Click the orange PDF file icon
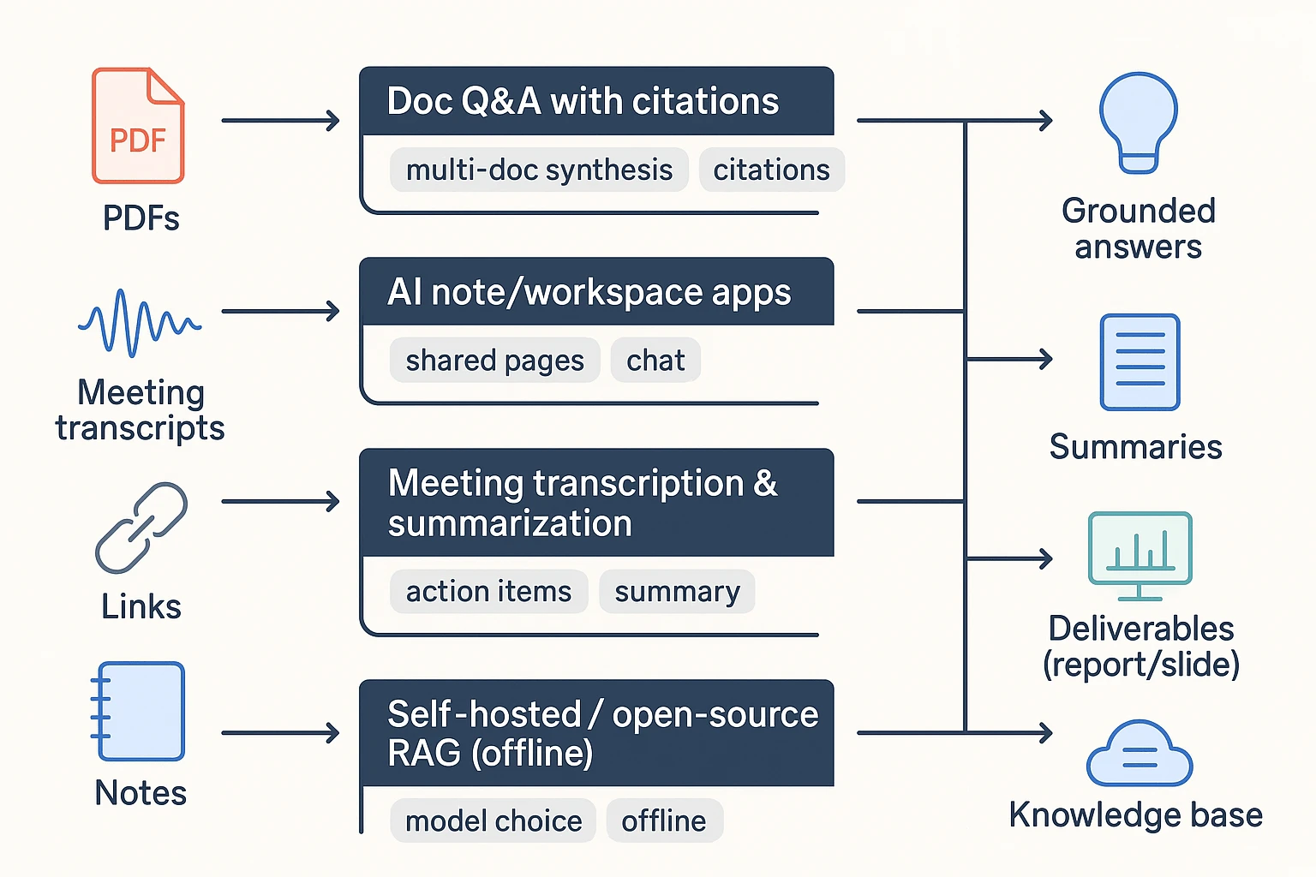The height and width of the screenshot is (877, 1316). point(138,126)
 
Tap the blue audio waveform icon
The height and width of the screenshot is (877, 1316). point(139,323)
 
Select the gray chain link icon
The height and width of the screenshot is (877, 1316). point(141,528)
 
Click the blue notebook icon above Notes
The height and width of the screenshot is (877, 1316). point(139,711)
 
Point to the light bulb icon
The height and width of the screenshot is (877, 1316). point(1138,122)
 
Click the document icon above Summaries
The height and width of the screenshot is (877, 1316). point(1140,361)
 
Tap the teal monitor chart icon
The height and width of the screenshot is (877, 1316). point(1140,555)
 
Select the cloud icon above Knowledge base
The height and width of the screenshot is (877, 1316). point(1139,755)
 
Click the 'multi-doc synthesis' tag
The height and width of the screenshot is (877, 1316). point(539,170)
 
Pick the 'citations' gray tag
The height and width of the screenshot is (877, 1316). point(771,170)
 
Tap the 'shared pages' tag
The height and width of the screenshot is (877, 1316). point(494,360)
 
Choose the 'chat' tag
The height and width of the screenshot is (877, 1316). point(655,360)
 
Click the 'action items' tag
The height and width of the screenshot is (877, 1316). point(488,591)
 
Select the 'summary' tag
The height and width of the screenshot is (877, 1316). point(677,591)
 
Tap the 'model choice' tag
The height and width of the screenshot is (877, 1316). point(493,820)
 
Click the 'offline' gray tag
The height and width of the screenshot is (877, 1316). point(664,820)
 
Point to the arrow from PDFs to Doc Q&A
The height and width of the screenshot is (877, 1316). point(281,121)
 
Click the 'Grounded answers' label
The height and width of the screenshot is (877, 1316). point(1138,228)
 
